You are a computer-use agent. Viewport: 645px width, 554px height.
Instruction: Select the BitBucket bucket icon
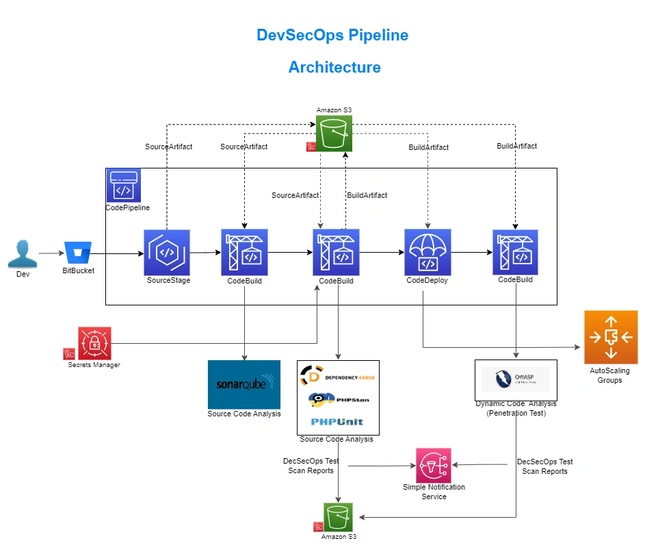coord(77,252)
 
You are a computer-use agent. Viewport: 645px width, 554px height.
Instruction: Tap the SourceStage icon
coord(167,252)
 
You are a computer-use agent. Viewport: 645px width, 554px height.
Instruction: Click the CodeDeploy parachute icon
coord(427,252)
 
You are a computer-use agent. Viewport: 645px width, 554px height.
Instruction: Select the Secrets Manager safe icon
coord(94,343)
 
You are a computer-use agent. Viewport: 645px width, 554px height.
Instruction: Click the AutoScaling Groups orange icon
coord(611,337)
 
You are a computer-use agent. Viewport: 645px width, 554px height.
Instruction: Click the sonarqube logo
coord(244,384)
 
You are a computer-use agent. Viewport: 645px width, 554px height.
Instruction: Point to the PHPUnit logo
coord(338,421)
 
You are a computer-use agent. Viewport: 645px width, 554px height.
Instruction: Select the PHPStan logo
coord(331,399)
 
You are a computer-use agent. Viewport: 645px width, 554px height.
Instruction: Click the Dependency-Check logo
coord(338,377)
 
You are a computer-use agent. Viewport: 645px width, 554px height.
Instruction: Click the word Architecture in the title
coord(334,67)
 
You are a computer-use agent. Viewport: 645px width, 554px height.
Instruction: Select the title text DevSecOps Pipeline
coord(332,35)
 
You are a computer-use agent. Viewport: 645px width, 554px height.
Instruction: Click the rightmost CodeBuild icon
coord(516,252)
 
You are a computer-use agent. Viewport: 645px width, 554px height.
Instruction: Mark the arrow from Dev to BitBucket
coord(50,253)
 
